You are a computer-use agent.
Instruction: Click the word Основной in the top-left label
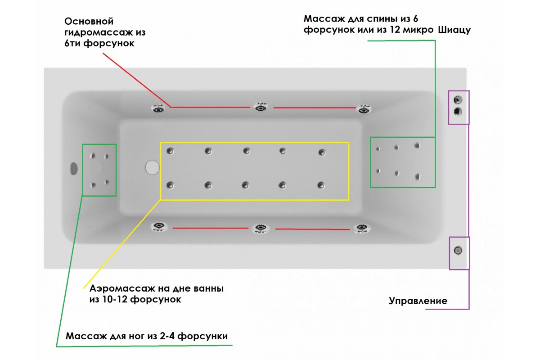[89, 22]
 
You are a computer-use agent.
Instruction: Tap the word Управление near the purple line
[418, 301]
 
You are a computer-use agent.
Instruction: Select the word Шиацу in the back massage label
[454, 30]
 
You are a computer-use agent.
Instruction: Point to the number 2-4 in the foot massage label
[167, 336]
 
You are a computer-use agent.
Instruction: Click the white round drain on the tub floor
[152, 167]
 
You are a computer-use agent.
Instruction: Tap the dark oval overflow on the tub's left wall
[73, 169]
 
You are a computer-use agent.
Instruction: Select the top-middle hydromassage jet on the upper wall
[261, 107]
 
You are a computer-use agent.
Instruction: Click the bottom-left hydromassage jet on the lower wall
[158, 227]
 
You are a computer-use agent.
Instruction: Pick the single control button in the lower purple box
[458, 251]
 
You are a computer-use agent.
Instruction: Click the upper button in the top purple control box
[458, 99]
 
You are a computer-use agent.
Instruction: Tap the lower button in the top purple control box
[458, 112]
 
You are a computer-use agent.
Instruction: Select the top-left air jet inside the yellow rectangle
[171, 151]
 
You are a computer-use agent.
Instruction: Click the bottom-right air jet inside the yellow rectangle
[321, 185]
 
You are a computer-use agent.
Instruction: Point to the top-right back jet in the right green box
[417, 146]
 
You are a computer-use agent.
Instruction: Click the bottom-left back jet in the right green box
[378, 171]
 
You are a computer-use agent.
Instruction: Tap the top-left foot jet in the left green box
[93, 156]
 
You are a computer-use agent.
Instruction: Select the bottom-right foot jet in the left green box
[107, 182]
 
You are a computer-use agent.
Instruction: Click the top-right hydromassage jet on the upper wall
[364, 109]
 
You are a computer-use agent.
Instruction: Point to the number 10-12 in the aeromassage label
[116, 300]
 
